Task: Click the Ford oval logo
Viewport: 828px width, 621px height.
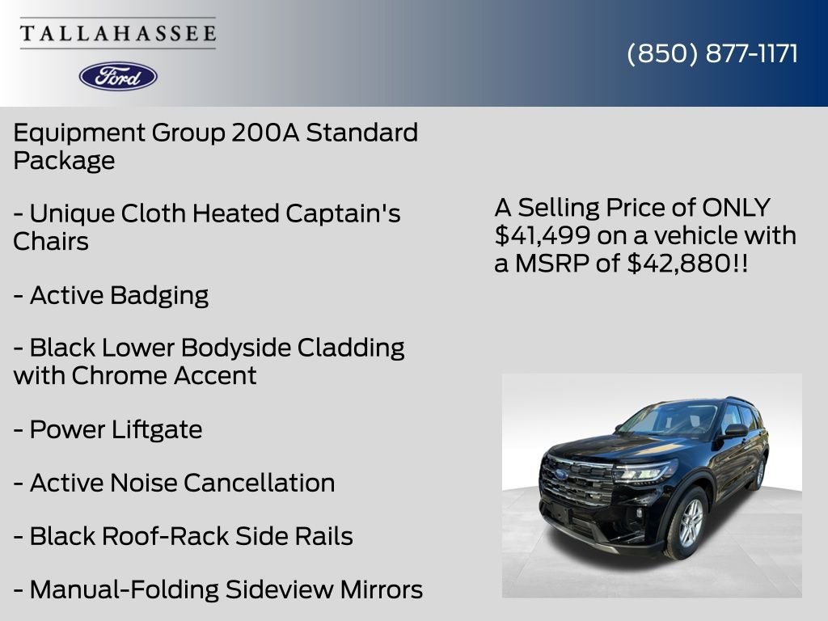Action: pyautogui.click(x=118, y=76)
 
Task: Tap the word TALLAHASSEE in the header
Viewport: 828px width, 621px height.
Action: pyautogui.click(x=118, y=33)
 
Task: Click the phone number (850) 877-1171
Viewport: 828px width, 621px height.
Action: pyautogui.click(x=712, y=53)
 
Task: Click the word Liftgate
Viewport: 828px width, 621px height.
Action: pyautogui.click(x=156, y=429)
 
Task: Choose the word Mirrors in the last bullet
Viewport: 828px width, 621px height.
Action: pyautogui.click(x=371, y=589)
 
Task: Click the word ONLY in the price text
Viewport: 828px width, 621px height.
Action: pyautogui.click(x=736, y=208)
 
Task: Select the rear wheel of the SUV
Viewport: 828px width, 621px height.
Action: pyautogui.click(x=758, y=473)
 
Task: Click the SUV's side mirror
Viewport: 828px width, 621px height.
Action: pyautogui.click(x=734, y=431)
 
